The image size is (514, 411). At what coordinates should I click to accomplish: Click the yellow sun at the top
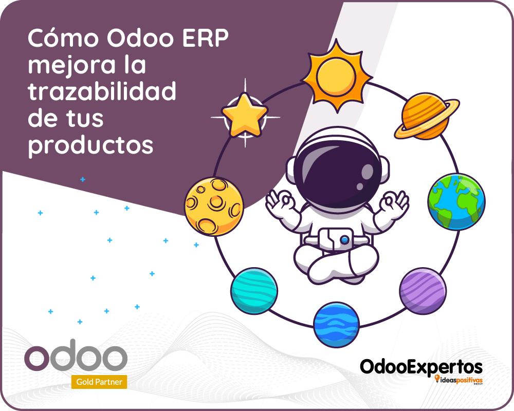coord(337,76)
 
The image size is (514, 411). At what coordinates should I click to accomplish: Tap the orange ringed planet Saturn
coord(427,116)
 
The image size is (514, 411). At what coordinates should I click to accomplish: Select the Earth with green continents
coord(456,201)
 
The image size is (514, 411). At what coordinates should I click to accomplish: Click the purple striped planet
coord(423,291)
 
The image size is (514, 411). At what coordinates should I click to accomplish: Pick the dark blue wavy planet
coord(336,325)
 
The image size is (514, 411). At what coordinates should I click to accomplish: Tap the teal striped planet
coord(254,291)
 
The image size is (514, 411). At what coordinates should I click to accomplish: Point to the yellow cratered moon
coord(214,206)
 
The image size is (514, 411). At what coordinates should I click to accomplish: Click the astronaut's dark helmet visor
coord(338,174)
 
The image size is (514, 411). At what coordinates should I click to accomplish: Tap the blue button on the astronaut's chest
coord(344,240)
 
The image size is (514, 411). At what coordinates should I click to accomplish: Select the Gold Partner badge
coord(99,382)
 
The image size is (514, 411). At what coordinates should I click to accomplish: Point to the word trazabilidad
coord(102,91)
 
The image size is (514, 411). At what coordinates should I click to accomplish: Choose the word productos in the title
coord(90,145)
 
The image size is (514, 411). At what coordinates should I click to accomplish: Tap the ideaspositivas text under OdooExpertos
coord(458,380)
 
